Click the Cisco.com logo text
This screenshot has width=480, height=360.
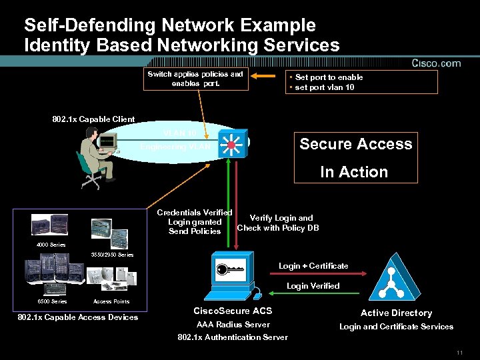[436, 63]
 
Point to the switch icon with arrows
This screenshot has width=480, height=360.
[235, 141]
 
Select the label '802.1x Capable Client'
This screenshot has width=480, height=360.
[93, 119]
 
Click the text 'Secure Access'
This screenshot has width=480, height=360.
[355, 144]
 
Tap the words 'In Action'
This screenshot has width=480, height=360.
[353, 172]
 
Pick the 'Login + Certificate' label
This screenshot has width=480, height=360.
[313, 266]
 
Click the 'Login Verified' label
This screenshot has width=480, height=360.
[313, 286]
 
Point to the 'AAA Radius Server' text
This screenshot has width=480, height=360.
[233, 325]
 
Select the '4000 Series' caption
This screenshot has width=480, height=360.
[51, 245]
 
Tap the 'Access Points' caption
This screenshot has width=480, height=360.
[111, 301]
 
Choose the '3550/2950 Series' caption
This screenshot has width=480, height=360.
[111, 255]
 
